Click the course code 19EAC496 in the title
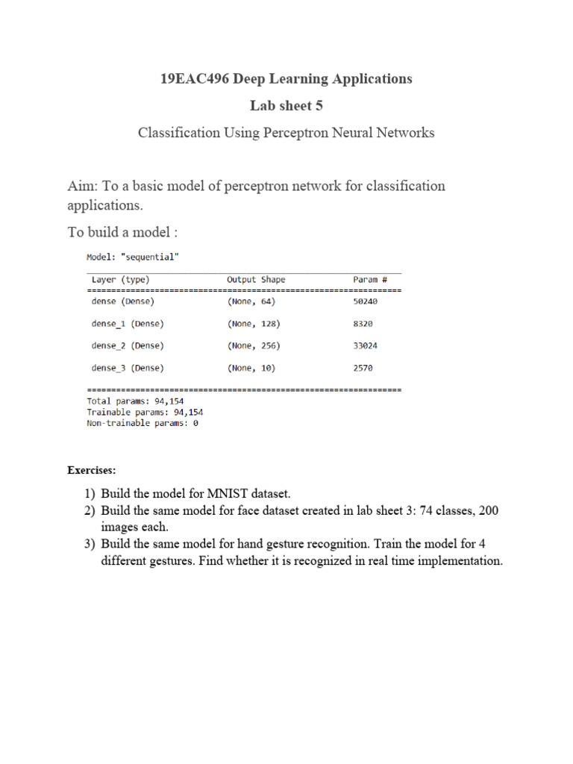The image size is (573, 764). tap(196, 78)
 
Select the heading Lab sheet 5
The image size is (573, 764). tap(286, 105)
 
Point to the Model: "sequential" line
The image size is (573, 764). tap(133, 257)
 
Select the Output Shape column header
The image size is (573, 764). tap(256, 280)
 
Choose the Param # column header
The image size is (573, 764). tap(370, 280)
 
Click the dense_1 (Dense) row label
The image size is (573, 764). tap(128, 324)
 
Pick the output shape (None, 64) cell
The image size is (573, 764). tap(251, 301)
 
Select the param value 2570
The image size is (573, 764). tap(363, 368)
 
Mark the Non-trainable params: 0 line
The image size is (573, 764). tap(143, 423)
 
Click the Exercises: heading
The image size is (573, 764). tap(92, 471)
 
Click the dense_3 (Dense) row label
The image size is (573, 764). tap(128, 368)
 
